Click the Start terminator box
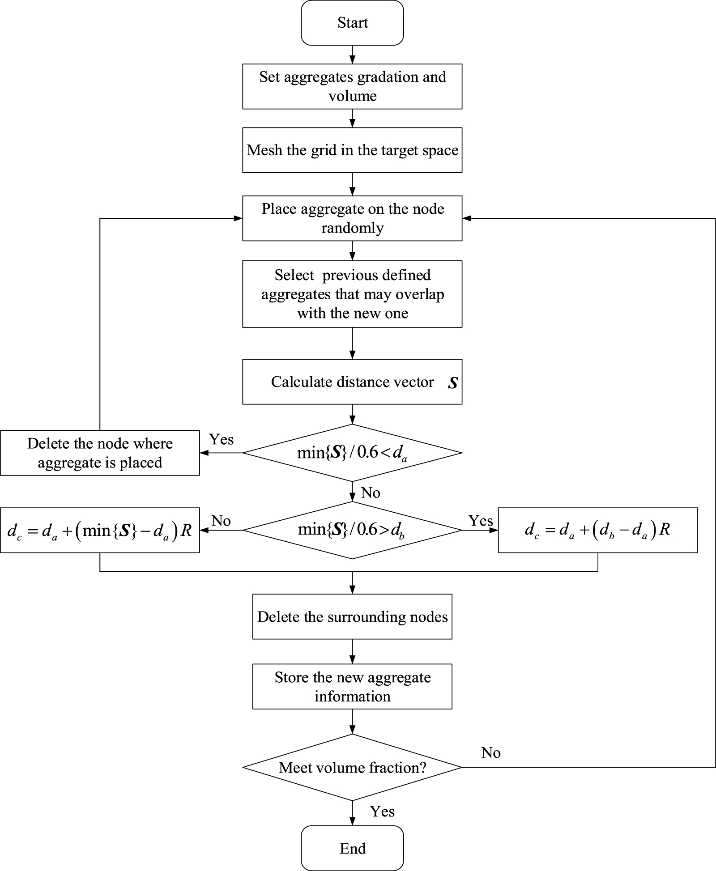pos(352,23)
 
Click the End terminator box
pos(352,848)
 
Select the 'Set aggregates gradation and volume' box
pos(352,86)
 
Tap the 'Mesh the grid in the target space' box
pos(352,150)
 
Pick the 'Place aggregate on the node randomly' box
pos(352,218)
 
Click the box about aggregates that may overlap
pos(352,294)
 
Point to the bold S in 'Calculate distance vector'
pos(453,383)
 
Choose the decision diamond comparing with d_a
pos(352,453)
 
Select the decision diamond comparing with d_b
pos(352,530)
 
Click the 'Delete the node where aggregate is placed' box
pos(100,453)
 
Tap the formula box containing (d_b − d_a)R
pos(597,530)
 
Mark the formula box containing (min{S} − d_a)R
pos(100,530)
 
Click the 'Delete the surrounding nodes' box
pos(352,616)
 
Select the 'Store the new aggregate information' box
pos(352,686)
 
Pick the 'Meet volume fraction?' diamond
pos(352,768)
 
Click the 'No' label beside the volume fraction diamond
pos(491,753)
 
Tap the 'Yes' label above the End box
pos(382,812)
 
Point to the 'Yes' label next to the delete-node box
pos(222,439)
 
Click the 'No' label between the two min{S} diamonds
pos(371,493)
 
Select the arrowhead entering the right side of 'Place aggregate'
pos(466,218)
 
